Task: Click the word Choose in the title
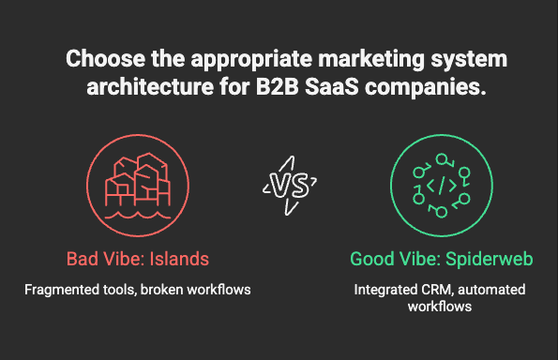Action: [105, 58]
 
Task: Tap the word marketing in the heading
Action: [371, 59]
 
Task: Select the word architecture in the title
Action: [150, 86]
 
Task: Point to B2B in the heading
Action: [277, 86]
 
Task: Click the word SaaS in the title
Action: [332, 86]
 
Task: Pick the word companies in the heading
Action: [425, 87]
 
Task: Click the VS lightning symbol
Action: [290, 186]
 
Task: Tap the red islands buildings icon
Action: [138, 186]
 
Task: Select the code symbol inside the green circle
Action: [442, 186]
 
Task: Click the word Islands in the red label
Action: [179, 259]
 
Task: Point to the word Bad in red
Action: [83, 259]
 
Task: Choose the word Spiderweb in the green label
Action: [490, 260]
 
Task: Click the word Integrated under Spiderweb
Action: [385, 291]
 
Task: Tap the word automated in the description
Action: [491, 290]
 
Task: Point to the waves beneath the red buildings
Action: [138, 216]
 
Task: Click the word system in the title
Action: [469, 59]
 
